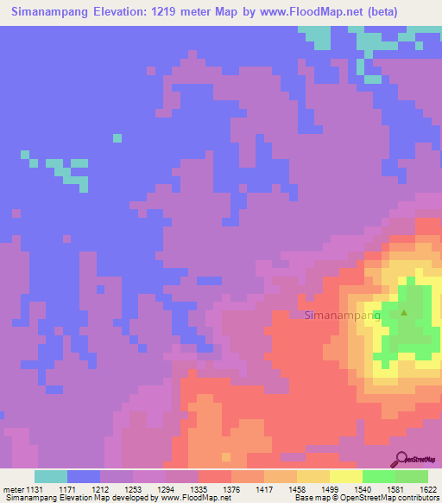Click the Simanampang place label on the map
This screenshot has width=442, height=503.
tap(343, 315)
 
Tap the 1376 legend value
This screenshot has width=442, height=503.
tap(230, 489)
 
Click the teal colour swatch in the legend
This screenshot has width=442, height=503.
tap(50, 476)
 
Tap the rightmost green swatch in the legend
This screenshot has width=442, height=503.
tap(411, 476)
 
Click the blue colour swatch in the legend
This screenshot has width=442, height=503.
tap(83, 476)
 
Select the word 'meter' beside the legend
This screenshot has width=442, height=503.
tap(13, 489)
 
